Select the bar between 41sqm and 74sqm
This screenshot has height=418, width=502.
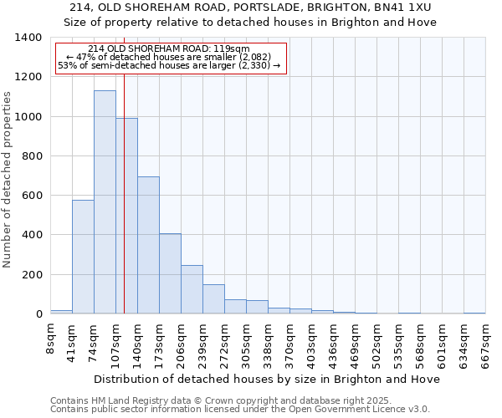pyautogui.click(x=83, y=257)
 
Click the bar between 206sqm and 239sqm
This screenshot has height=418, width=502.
pyautogui.click(x=192, y=289)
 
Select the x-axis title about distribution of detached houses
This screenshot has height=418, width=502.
pyautogui.click(x=268, y=379)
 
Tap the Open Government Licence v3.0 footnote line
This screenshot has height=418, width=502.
pyautogui.click(x=240, y=410)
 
